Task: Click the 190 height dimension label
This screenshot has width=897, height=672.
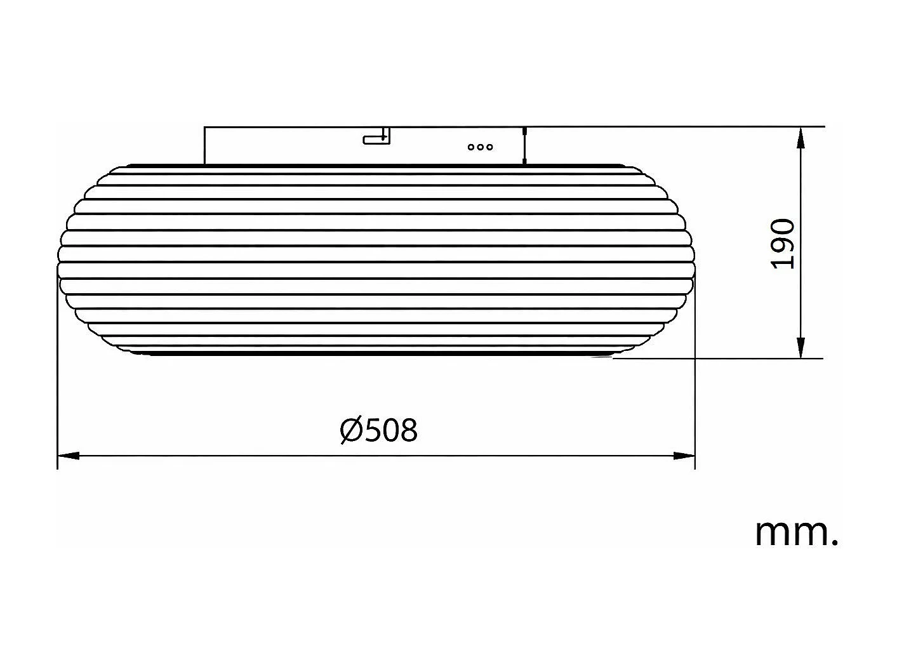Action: tap(782, 244)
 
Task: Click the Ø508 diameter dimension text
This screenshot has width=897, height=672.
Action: tap(378, 430)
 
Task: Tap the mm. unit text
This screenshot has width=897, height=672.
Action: tap(796, 533)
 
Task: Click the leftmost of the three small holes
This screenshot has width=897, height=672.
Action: tap(470, 147)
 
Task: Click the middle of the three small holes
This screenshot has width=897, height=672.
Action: tap(480, 147)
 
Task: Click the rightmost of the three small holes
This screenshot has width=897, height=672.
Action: tap(489, 147)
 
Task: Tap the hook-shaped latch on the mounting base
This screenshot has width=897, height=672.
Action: tap(376, 137)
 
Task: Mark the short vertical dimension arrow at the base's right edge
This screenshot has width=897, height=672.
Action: tap(524, 145)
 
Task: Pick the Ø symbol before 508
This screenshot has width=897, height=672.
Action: tap(351, 430)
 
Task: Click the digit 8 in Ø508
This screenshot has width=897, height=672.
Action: tap(409, 430)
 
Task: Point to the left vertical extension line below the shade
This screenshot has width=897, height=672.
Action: tap(58, 381)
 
